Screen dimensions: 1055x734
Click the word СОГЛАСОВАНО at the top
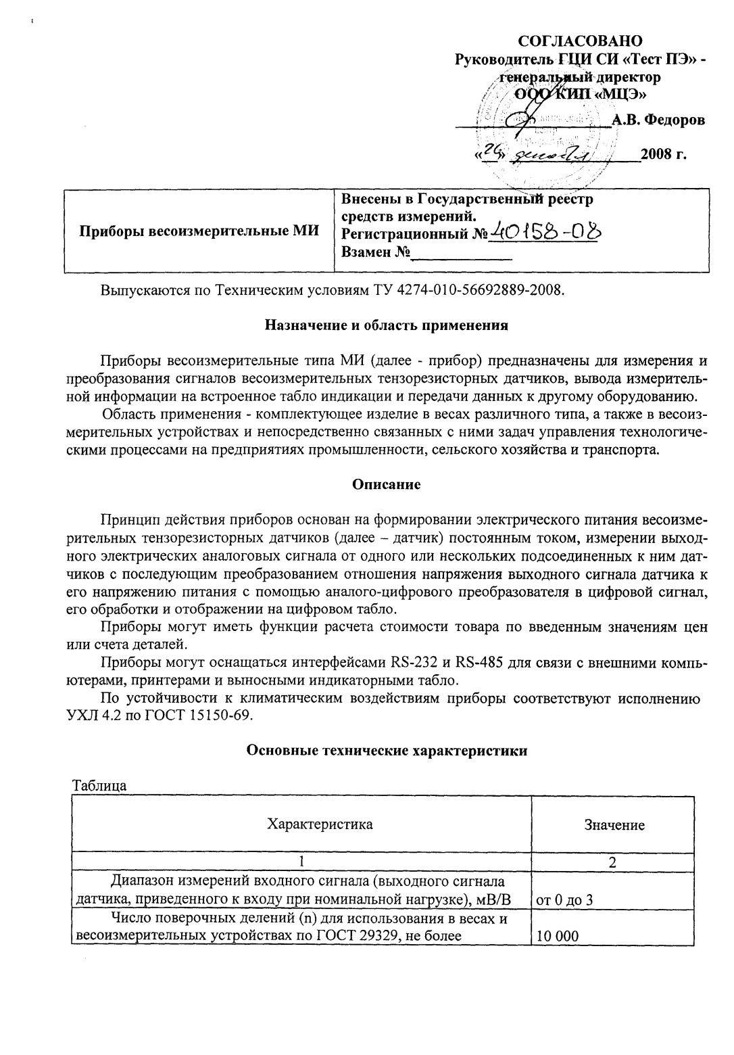pos(584,42)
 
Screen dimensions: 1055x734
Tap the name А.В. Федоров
pos(658,120)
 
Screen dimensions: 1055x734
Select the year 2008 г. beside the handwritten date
pos(664,155)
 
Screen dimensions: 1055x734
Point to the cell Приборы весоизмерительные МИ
pos(199,231)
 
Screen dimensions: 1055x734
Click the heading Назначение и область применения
pos(386,325)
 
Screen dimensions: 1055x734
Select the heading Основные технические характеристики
pos(387,750)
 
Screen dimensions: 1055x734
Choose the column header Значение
pos(614,825)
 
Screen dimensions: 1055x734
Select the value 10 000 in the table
pos(558,937)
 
